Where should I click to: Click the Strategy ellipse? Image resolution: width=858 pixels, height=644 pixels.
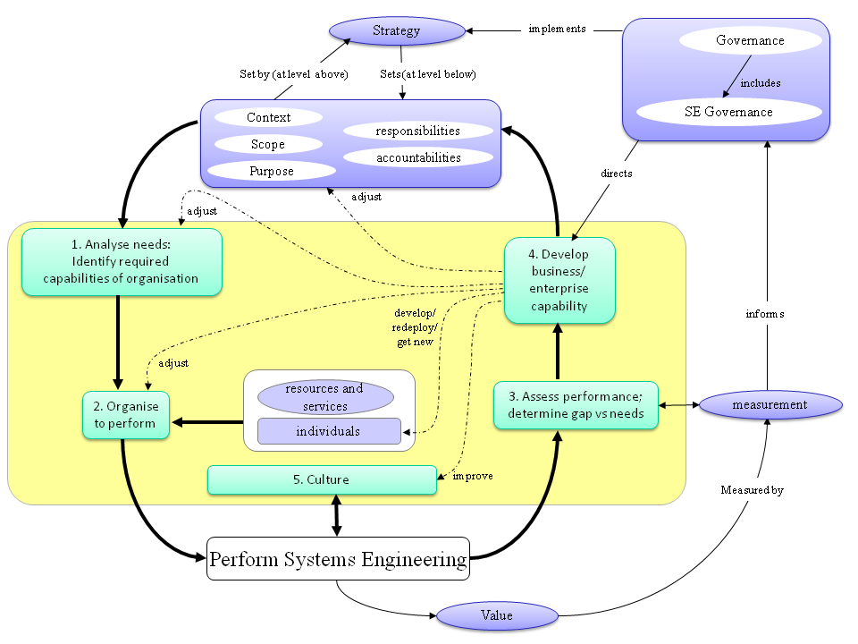pyautogui.click(x=396, y=31)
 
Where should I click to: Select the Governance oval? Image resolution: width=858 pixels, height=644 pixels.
pyautogui.click(x=750, y=40)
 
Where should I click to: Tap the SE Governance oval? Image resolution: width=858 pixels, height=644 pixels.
pyautogui.click(x=729, y=112)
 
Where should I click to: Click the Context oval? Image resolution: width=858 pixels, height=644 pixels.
pyautogui.click(x=268, y=117)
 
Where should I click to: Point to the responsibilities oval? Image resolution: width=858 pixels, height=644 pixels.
pyautogui.click(x=417, y=131)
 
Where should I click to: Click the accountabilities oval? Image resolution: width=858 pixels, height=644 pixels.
pyautogui.click(x=417, y=157)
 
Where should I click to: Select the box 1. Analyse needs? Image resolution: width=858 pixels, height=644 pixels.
pyautogui.click(x=122, y=262)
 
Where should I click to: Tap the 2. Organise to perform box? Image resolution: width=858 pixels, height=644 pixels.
pyautogui.click(x=126, y=415)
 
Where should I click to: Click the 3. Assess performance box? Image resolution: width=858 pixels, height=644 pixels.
pyautogui.click(x=576, y=404)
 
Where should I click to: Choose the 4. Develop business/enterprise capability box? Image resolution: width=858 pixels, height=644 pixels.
pyautogui.click(x=559, y=280)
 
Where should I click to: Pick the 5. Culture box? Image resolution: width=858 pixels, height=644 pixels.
pyautogui.click(x=322, y=479)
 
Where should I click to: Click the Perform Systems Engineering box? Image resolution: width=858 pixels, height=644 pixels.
pyautogui.click(x=338, y=559)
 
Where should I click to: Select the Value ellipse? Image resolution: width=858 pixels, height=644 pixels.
pyautogui.click(x=497, y=615)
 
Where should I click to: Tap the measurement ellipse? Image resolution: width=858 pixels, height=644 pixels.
pyautogui.click(x=770, y=405)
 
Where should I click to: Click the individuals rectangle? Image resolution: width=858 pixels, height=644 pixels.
pyautogui.click(x=328, y=431)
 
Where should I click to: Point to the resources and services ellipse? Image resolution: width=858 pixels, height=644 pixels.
pyautogui.click(x=324, y=397)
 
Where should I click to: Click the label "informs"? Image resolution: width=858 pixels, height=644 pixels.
pyautogui.click(x=765, y=314)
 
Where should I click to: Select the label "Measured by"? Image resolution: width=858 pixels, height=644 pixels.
pyautogui.click(x=752, y=490)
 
